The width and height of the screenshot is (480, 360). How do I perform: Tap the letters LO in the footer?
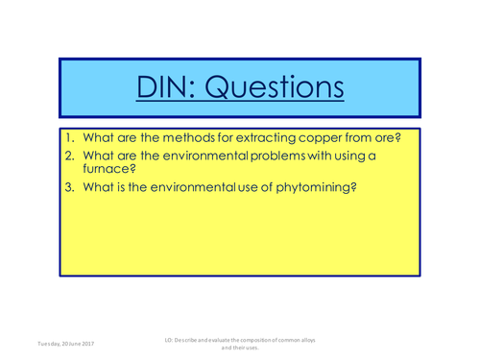[170, 339]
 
